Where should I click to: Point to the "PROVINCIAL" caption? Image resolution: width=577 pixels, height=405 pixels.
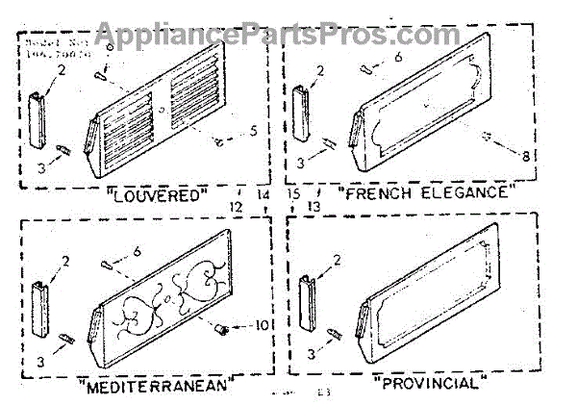pos(425,382)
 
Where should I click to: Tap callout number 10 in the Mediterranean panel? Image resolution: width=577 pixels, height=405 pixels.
pos(261,325)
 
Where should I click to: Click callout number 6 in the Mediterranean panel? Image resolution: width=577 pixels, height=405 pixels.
pos(138,251)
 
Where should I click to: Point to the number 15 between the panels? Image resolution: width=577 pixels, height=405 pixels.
pos(293,193)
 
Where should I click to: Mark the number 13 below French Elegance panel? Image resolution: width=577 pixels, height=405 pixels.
pos(312,207)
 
